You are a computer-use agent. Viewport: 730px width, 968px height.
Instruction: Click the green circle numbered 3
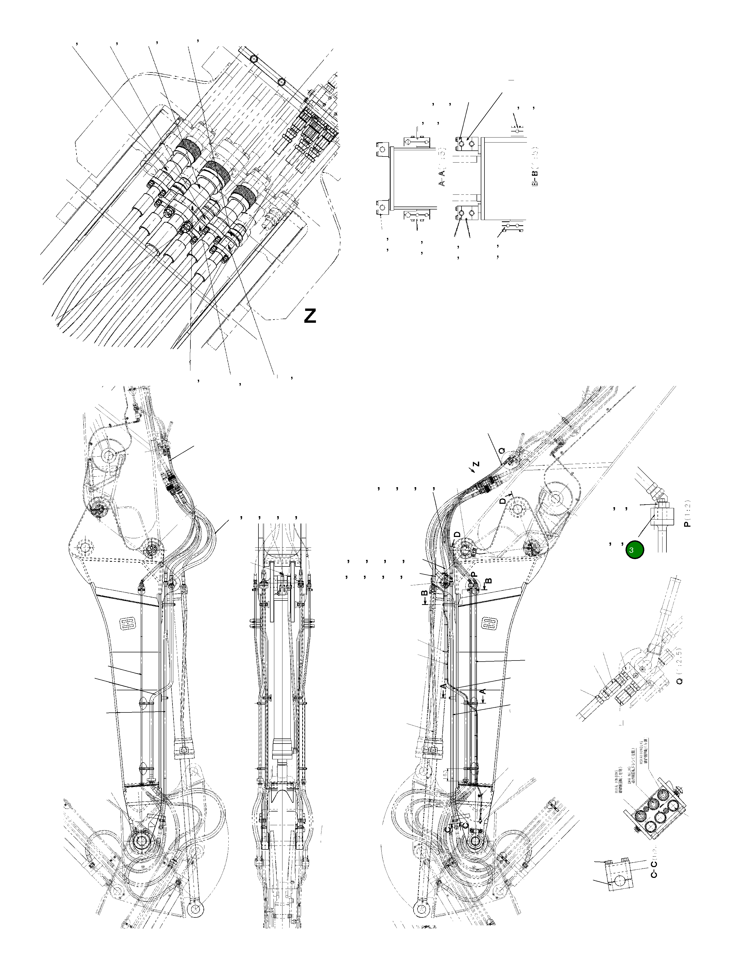click(634, 550)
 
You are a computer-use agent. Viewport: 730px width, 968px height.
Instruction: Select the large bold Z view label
click(310, 316)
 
